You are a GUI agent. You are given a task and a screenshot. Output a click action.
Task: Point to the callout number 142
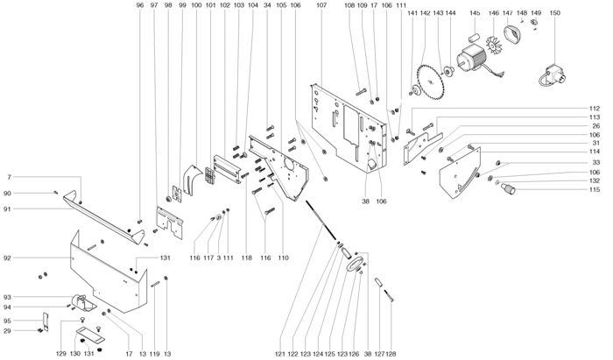(425, 13)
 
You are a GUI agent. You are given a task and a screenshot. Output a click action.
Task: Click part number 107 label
(321, 6)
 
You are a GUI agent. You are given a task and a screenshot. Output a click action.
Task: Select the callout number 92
(7, 258)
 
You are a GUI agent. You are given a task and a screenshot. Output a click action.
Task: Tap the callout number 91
(7, 208)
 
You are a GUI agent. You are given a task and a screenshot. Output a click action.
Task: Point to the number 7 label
(9, 178)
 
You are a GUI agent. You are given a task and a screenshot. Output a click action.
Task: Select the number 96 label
(140, 6)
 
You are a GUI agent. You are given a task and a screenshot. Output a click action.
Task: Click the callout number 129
(61, 354)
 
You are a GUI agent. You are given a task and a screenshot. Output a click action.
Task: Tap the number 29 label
(7, 330)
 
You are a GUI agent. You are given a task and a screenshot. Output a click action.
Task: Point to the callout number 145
(476, 13)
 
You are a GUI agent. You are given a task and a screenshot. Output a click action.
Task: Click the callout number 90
(7, 193)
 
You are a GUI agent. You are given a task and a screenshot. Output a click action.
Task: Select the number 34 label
(267, 6)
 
